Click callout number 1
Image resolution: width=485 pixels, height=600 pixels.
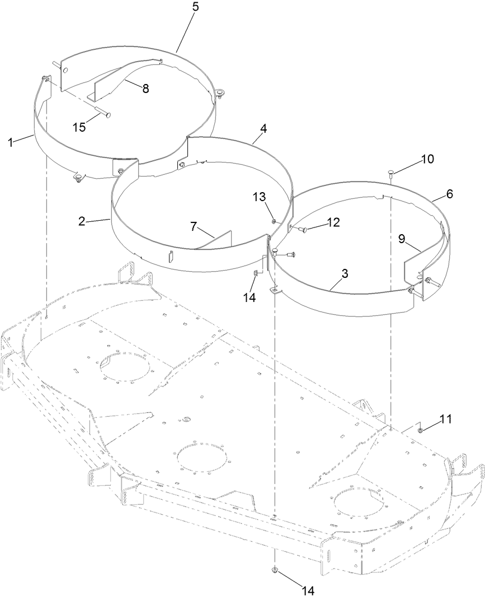tap(10, 142)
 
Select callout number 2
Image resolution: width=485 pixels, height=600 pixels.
tap(82, 221)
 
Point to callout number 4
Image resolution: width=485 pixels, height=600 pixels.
tap(263, 128)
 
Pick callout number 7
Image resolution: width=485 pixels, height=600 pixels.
tap(194, 226)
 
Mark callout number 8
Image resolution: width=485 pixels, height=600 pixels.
tap(145, 89)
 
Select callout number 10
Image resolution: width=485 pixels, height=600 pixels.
tap(427, 159)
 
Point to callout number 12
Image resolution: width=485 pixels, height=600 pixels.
tap(333, 222)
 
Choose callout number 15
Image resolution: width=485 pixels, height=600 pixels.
tap(80, 127)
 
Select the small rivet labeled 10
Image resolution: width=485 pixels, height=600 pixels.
tap(390, 174)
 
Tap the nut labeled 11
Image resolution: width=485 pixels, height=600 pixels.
tap(420, 430)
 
